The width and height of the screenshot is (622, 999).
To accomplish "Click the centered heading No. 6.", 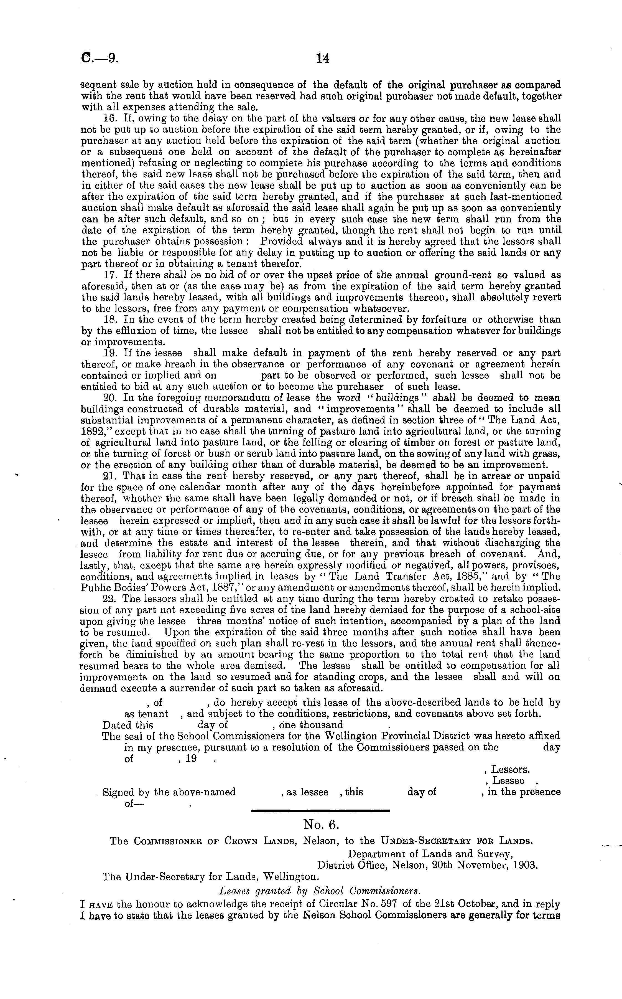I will (320, 824).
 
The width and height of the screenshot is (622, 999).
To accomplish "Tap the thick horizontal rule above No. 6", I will (320, 809).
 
